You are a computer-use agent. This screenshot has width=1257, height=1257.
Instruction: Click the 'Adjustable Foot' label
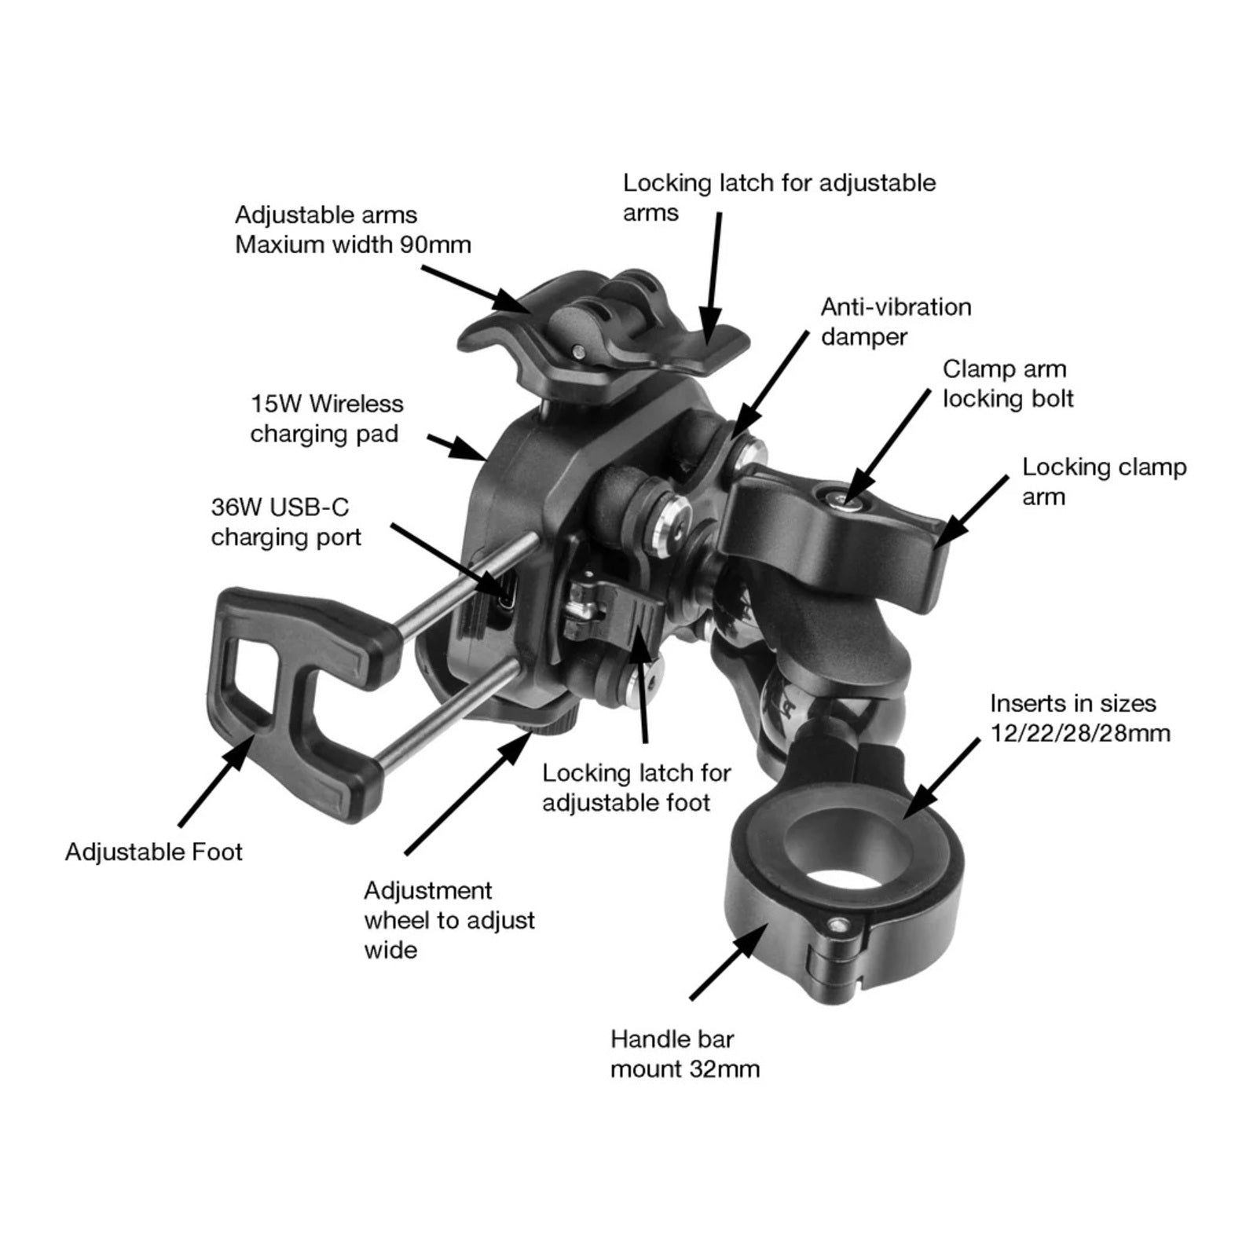click(x=153, y=852)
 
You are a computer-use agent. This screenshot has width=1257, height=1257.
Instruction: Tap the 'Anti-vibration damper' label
click(x=896, y=321)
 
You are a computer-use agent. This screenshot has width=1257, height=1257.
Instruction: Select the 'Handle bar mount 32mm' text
click(x=685, y=1054)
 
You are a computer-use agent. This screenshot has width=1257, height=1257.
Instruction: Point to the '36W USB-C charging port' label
click(x=286, y=522)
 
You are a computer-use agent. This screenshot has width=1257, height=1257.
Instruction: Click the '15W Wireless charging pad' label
click(x=326, y=419)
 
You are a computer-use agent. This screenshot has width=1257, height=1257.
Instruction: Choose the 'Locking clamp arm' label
click(x=1103, y=482)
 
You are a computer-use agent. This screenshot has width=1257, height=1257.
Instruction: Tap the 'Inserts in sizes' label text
click(x=1073, y=703)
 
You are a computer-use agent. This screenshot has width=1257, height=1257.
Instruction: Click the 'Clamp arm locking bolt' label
click(x=1008, y=383)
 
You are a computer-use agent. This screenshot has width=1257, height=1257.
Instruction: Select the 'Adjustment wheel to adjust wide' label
click(x=449, y=920)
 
